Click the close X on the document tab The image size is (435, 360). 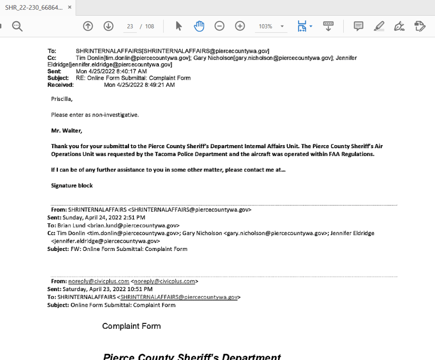coord(70,7)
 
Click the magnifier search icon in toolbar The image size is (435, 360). coord(17,26)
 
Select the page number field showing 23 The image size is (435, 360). coord(130,26)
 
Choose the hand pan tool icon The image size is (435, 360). coord(199,26)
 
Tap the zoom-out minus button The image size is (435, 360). coord(219,26)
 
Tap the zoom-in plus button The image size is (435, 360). coord(240,26)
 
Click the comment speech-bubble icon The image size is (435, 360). coord(359,26)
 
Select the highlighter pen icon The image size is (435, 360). coord(379,26)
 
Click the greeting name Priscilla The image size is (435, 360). coord(62,99)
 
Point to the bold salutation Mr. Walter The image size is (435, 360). coord(66,130)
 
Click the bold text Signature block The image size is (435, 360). coord(72,186)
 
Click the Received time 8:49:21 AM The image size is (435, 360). coord(139,84)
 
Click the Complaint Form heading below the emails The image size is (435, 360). coord(131,326)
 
